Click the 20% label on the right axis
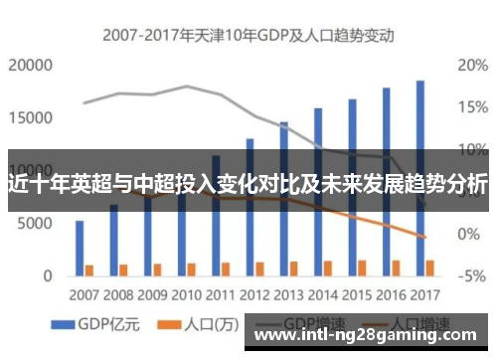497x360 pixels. coord(470,66)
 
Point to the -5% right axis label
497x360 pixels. coord(470,275)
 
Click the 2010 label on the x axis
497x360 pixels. coord(186,295)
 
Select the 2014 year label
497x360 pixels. coord(321,295)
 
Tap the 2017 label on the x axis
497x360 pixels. coord(422,295)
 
